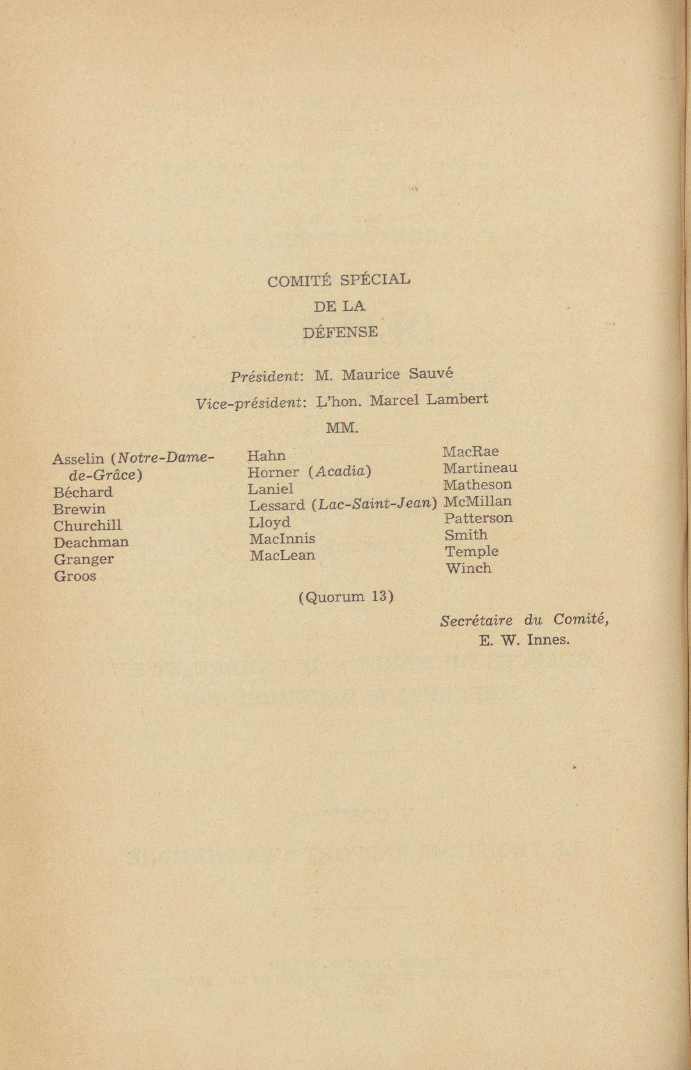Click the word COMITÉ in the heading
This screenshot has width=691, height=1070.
tap(299, 281)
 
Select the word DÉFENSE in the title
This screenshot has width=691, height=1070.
tap(340, 333)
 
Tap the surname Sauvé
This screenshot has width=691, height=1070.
tap(431, 374)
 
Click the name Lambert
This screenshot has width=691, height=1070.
tap(457, 399)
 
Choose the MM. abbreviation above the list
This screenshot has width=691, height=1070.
tap(342, 428)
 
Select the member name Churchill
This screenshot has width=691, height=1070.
tap(87, 526)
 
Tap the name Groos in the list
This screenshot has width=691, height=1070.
tap(75, 576)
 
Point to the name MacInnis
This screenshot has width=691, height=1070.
tap(282, 539)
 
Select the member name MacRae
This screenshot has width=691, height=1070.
tap(470, 451)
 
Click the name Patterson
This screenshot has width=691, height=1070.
tap(478, 518)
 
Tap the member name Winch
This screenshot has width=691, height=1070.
tap(468, 568)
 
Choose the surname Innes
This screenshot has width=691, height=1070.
tap(548, 640)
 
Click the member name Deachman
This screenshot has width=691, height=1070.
tap(91, 542)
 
